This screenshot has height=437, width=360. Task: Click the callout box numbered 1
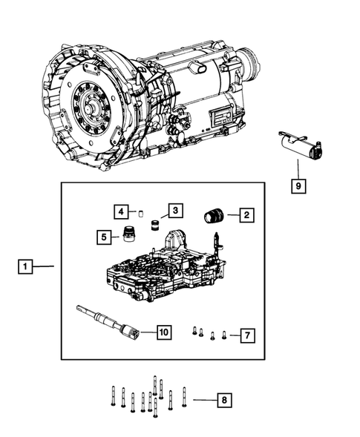tap(26, 266)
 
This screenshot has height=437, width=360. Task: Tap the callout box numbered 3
tap(174, 211)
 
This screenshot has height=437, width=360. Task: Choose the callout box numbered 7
tap(247, 335)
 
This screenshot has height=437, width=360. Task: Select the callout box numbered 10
tap(163, 332)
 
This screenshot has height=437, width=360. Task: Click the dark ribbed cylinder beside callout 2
tap(215, 216)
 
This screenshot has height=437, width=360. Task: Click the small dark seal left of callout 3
tap(155, 226)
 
